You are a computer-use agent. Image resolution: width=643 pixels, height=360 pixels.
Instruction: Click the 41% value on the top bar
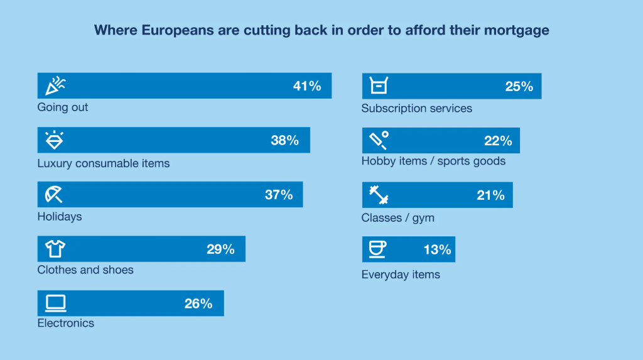(x=307, y=86)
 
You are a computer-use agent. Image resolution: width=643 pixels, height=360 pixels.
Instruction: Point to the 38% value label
(x=284, y=141)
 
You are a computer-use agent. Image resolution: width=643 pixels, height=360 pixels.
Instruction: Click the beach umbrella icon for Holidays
(x=54, y=194)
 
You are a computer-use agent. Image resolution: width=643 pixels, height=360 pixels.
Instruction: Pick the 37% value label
(x=279, y=195)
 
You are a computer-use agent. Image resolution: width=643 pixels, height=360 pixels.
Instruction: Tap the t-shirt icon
(x=55, y=249)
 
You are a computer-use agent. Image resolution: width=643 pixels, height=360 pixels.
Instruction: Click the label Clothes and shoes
(x=85, y=270)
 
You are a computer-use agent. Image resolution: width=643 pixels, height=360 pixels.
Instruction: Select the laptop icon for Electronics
(x=55, y=303)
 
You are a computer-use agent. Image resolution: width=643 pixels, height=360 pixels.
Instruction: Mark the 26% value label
(x=198, y=304)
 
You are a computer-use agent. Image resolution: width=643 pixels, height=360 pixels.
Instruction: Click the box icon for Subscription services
(x=379, y=86)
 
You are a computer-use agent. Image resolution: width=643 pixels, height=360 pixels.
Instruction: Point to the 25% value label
(x=519, y=87)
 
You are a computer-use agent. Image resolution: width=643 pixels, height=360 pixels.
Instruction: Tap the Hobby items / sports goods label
(x=433, y=161)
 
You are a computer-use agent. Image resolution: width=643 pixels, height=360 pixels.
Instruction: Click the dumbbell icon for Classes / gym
(x=379, y=195)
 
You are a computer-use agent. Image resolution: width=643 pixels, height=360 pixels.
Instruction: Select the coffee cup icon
(x=377, y=249)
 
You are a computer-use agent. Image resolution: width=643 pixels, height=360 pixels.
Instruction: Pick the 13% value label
(x=437, y=250)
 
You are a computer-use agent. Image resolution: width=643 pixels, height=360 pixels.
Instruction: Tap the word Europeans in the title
(x=165, y=30)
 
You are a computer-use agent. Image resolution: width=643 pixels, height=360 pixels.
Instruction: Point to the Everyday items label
(x=401, y=275)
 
